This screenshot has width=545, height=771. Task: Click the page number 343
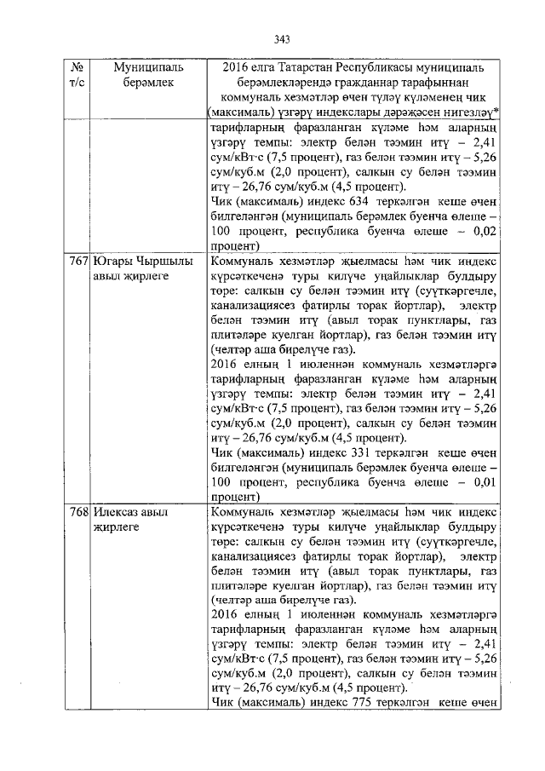click(283, 38)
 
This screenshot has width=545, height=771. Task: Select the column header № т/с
click(77, 74)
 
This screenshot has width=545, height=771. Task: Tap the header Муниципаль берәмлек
click(143, 74)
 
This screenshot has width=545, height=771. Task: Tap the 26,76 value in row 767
click(252, 437)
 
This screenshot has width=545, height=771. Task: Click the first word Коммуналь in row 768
click(241, 512)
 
